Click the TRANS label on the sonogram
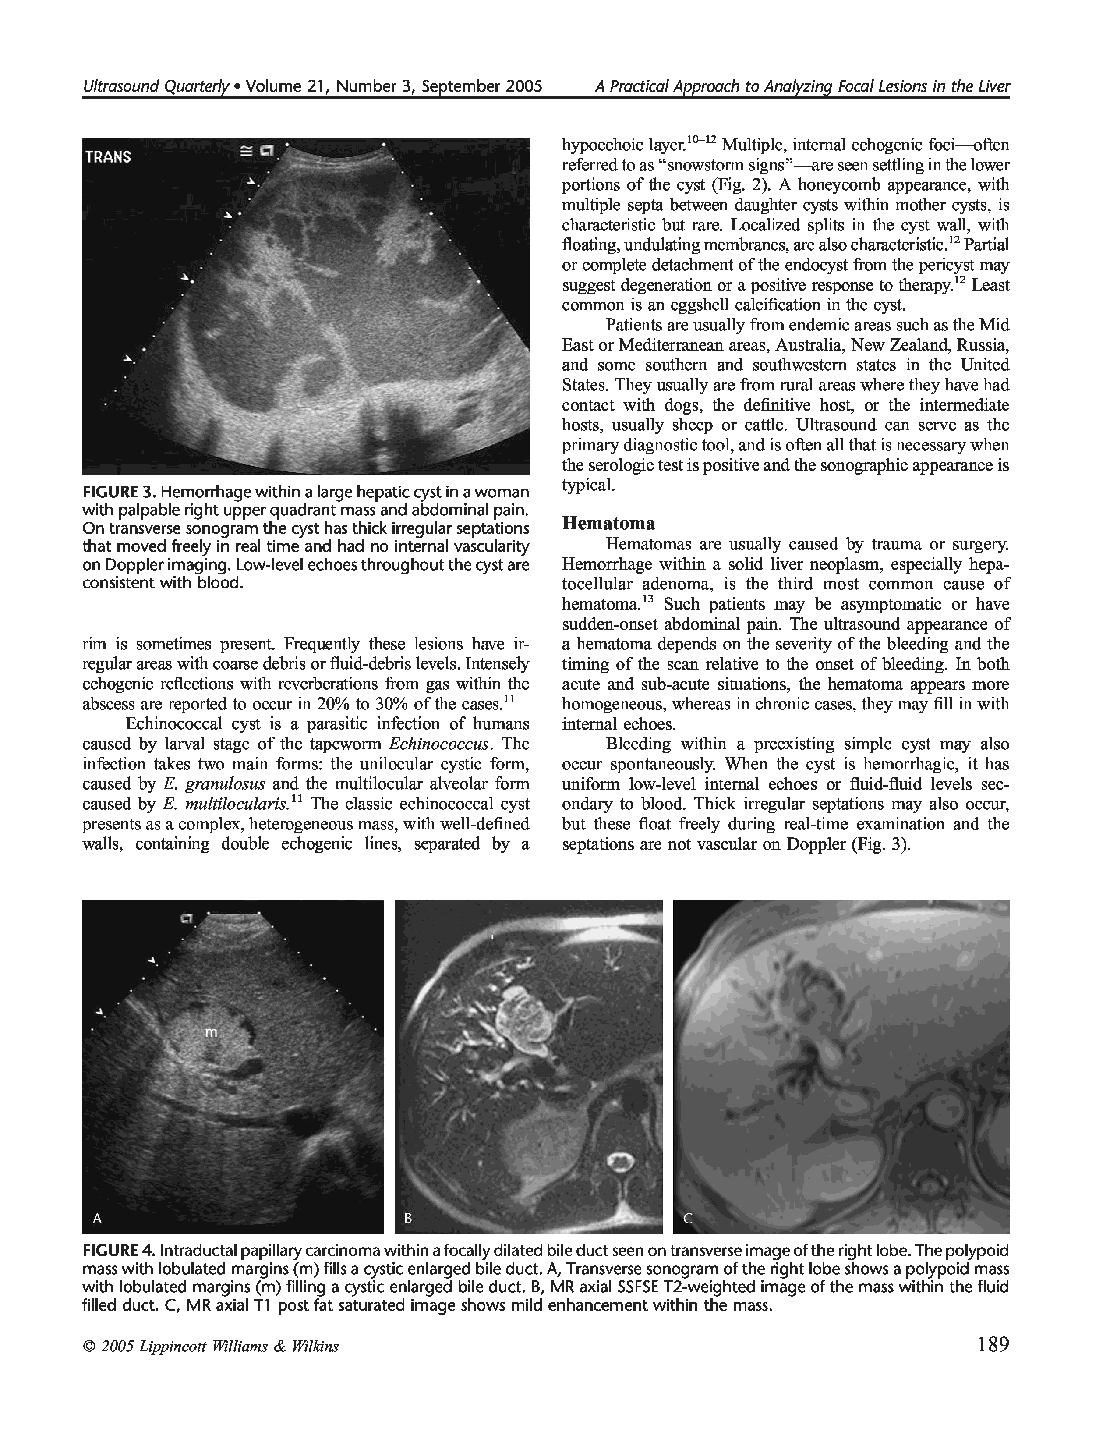pyautogui.click(x=108, y=157)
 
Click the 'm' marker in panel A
pyautogui.click(x=210, y=1031)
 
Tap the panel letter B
pyautogui.click(x=408, y=1217)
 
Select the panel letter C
pyautogui.click(x=688, y=1217)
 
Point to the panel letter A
pyautogui.click(x=97, y=1217)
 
